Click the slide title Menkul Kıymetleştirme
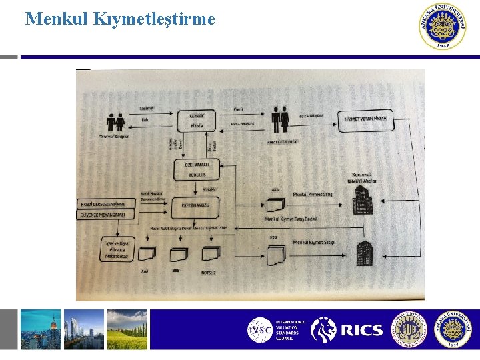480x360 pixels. pos(120,19)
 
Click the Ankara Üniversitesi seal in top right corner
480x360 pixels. pos(443,27)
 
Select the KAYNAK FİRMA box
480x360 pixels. pos(196,120)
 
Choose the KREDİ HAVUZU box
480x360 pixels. pos(196,205)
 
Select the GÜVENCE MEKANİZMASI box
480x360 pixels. pos(107,214)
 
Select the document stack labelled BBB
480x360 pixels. pos(179,254)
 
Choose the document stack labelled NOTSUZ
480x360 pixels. pos(210,254)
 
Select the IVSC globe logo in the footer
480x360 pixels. pos(260,330)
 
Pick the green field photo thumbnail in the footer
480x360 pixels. pos(127,329)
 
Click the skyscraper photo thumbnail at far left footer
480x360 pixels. pos(41,329)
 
